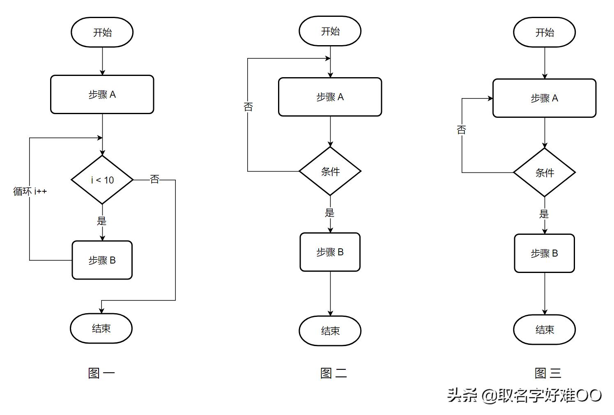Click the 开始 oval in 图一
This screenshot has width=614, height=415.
point(102,32)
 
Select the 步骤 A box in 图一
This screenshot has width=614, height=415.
point(102,94)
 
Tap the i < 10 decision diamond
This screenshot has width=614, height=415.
point(102,180)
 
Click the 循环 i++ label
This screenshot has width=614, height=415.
point(30,191)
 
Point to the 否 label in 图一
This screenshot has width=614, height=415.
point(154,179)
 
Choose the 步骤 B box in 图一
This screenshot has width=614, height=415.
point(102,260)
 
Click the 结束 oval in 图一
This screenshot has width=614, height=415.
point(101,328)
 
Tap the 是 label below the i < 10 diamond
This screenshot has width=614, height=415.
point(101,221)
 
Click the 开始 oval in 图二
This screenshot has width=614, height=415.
point(330,31)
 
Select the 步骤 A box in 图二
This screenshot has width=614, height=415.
point(330,97)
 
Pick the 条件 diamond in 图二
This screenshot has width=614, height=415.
point(330,172)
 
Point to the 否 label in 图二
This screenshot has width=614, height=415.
point(248,107)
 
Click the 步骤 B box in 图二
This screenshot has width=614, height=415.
point(330,252)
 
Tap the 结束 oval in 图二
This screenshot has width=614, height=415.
point(330,331)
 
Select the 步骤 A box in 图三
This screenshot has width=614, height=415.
point(544,98)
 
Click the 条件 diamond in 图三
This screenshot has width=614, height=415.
point(544,173)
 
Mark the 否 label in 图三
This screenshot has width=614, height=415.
point(462,130)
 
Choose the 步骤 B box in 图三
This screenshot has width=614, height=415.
point(544,253)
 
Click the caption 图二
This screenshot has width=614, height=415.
point(333,373)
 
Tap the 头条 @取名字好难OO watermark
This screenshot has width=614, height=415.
point(524,395)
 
